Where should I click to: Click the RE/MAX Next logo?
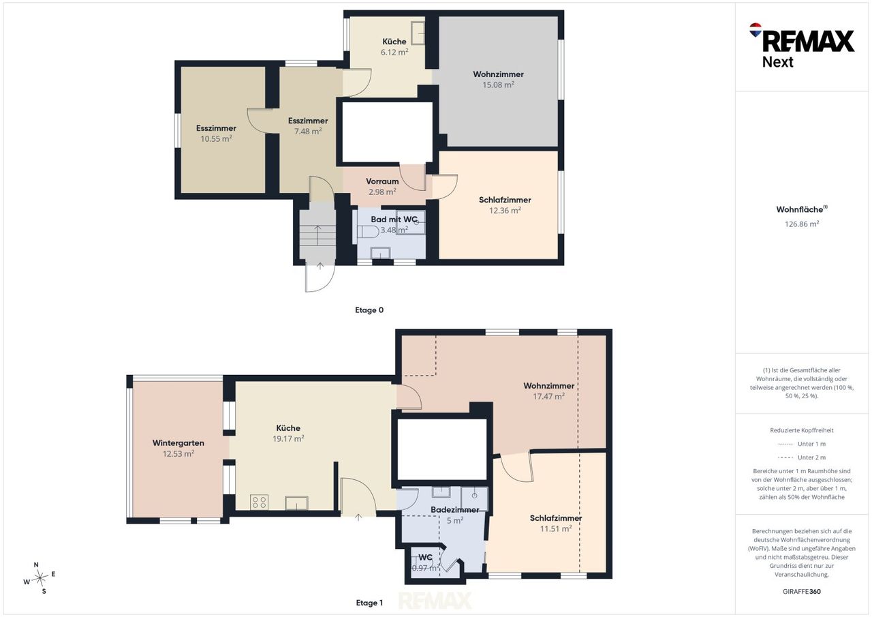802,45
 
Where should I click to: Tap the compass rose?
40,578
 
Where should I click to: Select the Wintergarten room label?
178,443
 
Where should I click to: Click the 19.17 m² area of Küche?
288,438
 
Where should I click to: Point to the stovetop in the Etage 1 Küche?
259,502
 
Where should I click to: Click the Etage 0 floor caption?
369,310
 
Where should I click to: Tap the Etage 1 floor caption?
369,603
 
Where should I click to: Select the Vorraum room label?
382,181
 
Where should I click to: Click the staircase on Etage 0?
317,235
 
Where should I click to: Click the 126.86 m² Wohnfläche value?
802,224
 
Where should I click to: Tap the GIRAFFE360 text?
802,591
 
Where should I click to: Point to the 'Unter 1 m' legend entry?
802,444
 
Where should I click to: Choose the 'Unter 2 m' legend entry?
802,457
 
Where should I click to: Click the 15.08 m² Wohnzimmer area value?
498,85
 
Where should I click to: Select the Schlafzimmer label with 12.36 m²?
505,200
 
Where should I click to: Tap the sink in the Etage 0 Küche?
418,33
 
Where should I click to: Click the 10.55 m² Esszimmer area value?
216,138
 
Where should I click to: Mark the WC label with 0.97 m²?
426,558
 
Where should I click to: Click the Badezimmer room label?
454,509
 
